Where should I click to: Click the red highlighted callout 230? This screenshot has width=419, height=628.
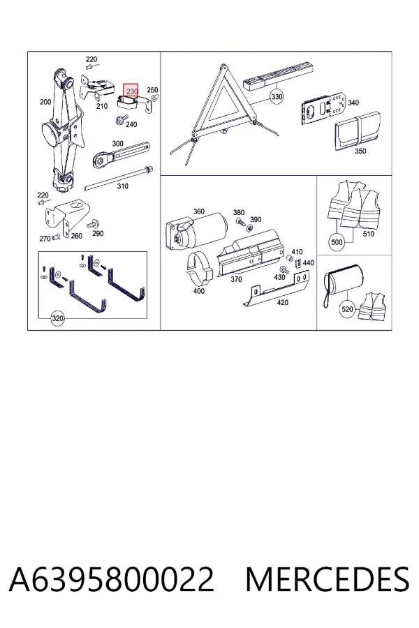pos(131,91)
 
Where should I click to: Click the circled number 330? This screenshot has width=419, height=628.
pos(277,96)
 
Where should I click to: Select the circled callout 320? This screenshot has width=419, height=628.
pos(57,318)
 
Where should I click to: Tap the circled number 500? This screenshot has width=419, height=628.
pos(337,242)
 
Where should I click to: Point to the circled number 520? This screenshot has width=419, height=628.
pos(347,309)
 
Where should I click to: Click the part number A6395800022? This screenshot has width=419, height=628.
pos(112,579)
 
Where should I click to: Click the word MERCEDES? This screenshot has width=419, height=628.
pos(328,579)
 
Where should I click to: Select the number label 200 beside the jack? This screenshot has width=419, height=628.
pos(45,102)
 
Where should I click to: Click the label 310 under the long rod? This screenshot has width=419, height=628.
pos(123,186)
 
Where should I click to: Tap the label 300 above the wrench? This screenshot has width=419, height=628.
pos(117,143)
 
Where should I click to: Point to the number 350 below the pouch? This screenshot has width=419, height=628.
pos(360,151)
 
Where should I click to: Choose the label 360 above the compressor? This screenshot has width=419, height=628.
pos(199,211)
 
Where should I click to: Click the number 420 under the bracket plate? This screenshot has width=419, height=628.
pos(283,302)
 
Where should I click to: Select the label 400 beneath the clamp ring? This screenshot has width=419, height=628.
pos(199,291)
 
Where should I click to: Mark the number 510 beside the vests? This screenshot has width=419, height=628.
pos(369,234)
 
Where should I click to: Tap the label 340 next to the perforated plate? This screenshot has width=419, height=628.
pos(353,103)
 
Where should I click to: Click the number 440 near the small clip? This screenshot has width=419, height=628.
pos(309,263)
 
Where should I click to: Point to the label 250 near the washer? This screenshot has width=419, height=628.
pos(152,90)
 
